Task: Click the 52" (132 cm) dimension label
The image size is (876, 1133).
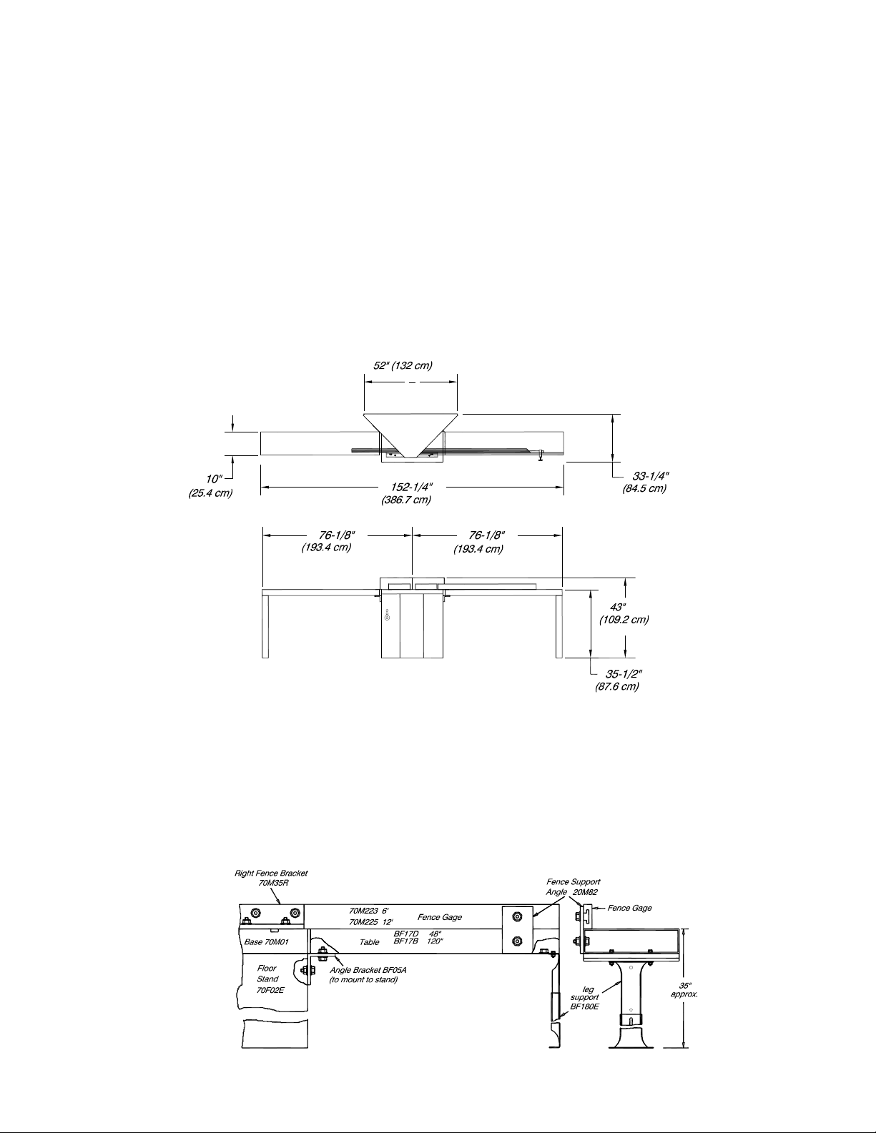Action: pyautogui.click(x=403, y=366)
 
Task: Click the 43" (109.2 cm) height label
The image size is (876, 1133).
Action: pyautogui.click(x=624, y=613)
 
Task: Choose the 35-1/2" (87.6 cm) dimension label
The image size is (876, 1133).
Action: pyautogui.click(x=618, y=680)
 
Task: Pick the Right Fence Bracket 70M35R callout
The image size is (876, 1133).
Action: pyautogui.click(x=271, y=878)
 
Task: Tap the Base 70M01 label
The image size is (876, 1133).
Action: pyautogui.click(x=266, y=942)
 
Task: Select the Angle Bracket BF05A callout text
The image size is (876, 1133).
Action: pyautogui.click(x=363, y=975)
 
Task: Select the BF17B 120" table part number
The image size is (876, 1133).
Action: pyautogui.click(x=418, y=941)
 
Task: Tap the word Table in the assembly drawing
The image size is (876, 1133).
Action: pyautogui.click(x=369, y=942)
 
